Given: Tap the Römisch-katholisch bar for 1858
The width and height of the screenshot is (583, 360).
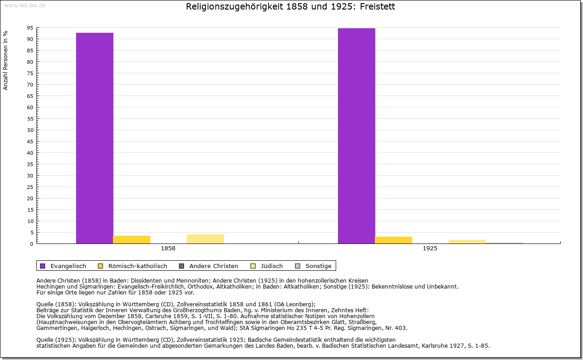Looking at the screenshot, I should (x=132, y=239).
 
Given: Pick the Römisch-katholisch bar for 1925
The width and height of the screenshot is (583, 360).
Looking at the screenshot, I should (x=394, y=240).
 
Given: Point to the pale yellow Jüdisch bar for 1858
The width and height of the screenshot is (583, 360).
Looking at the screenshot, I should (x=205, y=239).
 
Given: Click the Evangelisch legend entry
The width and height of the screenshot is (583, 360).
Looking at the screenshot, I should (x=63, y=266).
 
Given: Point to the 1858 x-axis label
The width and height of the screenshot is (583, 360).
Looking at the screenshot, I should (x=168, y=249).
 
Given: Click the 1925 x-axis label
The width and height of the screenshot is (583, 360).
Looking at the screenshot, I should (x=430, y=249).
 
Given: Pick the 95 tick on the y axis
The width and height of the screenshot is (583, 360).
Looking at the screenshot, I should (x=30, y=28).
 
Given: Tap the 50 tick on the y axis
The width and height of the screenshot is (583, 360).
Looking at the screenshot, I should (x=30, y=130).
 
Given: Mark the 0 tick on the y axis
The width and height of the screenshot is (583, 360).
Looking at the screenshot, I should (x=32, y=244).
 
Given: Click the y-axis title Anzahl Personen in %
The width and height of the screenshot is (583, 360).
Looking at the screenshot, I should (x=5, y=60).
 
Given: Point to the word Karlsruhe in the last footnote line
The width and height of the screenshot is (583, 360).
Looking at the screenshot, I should (x=436, y=345).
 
